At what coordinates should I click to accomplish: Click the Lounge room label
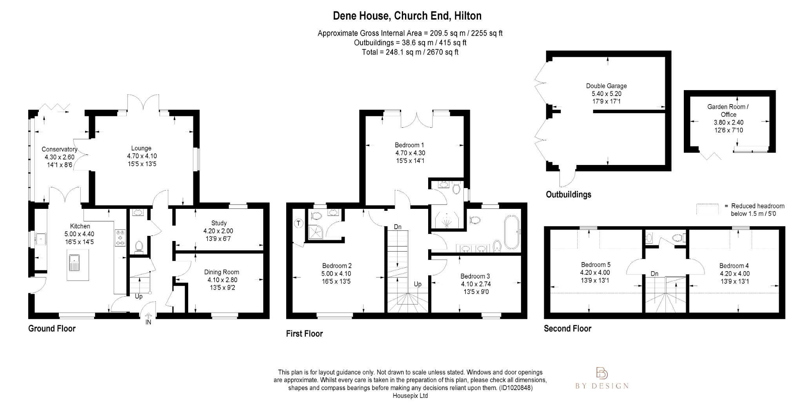coord(141,149)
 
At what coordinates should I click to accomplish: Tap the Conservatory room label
coord(59,149)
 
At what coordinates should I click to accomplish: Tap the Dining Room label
coord(222,272)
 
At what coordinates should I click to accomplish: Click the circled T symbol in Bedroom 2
coord(299,223)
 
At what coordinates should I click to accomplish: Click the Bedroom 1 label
coord(409,145)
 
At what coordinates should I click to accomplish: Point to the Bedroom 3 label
coord(475,276)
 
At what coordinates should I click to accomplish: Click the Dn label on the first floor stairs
coord(398,227)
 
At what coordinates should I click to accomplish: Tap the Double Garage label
coord(606,86)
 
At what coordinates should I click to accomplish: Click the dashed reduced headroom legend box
coord(707,209)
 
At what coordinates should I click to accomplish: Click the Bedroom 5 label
coord(596,265)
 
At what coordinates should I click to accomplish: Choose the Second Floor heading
coord(567,329)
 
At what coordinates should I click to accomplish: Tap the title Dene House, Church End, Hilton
coord(407,16)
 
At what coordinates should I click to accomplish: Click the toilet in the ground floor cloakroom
coord(138,246)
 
